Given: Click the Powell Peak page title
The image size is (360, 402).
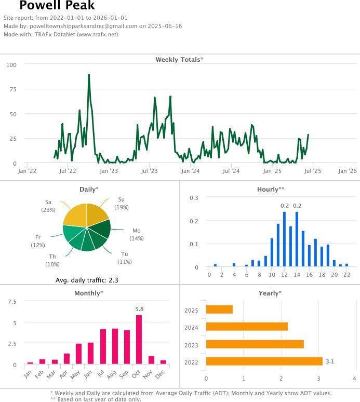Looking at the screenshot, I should click(x=57, y=6).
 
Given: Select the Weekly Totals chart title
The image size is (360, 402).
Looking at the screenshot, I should click(x=179, y=60).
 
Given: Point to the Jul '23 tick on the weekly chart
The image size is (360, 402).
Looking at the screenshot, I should click(x=150, y=170).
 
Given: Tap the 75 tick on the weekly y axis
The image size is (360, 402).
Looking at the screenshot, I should click(x=11, y=89).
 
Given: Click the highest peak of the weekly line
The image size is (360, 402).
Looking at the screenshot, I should click(x=89, y=75).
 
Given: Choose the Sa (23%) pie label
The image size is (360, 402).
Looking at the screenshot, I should click(x=48, y=205).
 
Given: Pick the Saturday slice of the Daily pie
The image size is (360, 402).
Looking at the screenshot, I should click(x=74, y=215).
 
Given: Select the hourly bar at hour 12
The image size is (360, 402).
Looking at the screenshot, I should click(x=285, y=239).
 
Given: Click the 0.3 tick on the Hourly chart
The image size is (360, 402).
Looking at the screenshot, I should click(x=194, y=198).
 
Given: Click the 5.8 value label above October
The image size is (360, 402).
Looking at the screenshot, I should click(x=139, y=310).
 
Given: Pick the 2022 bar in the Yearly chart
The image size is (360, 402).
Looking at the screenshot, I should click(x=264, y=361).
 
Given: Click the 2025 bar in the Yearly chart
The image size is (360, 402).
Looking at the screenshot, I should click(x=219, y=310).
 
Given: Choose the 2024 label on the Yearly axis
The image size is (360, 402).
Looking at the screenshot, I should click(x=192, y=327).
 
